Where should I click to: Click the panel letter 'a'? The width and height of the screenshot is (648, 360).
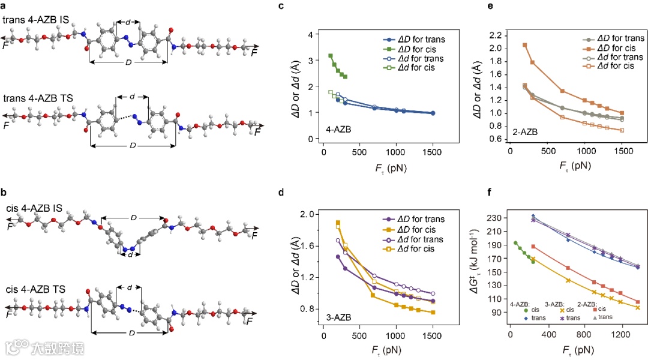5,7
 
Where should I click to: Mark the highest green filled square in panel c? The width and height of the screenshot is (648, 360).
331,56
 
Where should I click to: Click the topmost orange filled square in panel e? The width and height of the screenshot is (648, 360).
524,45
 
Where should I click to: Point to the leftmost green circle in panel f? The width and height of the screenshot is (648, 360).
515,243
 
